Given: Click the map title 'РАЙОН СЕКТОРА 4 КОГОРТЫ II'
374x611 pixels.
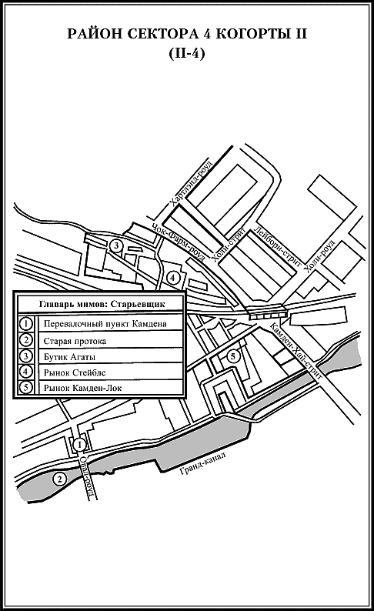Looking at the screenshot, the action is coord(187,34).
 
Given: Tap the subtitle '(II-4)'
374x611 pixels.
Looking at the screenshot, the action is coord(187,53).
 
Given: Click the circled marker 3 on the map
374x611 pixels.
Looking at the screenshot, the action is coord(115,245).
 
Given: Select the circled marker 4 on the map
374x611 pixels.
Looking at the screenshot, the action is coord(172,278).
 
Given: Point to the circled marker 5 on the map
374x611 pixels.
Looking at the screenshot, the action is coord(232,356).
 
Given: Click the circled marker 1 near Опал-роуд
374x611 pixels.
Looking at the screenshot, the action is coord(79,444).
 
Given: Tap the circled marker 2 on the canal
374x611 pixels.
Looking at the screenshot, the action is coord(59,479).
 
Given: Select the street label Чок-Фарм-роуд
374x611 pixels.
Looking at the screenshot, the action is coord(179,243).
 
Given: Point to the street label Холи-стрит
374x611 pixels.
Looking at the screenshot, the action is coord(229,245).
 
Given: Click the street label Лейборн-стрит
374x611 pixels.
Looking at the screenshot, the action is coord(277,246).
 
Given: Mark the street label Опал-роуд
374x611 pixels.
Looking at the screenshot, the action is coord(88,477).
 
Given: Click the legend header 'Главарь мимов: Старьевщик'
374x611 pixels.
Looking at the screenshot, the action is coord(102,304).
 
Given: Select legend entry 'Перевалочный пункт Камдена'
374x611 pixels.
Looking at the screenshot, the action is coord(105,324).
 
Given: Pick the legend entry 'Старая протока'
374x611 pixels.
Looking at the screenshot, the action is coord(75,342).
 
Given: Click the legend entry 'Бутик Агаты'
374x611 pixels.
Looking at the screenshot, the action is coord(70,357).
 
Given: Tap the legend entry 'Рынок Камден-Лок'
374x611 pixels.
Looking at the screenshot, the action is coord(83,388).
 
